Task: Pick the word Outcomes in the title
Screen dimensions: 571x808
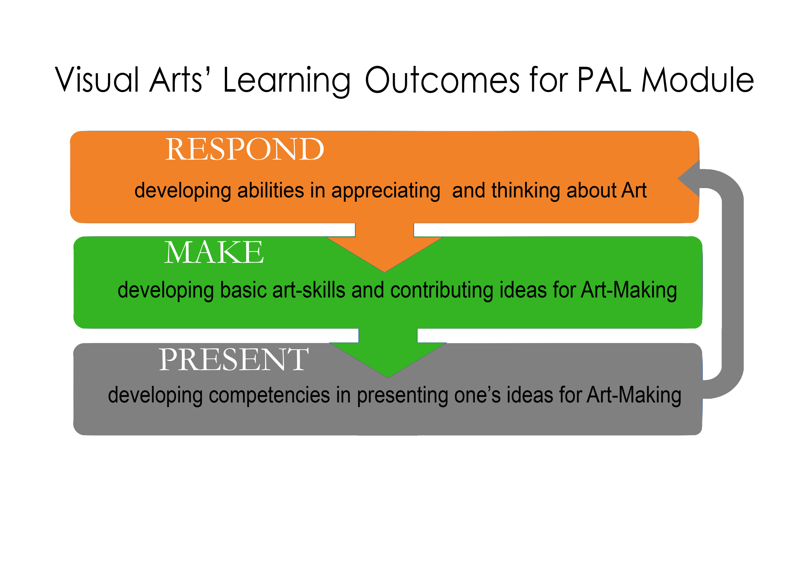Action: [442, 80]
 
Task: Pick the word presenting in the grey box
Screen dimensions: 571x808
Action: [403, 396]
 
